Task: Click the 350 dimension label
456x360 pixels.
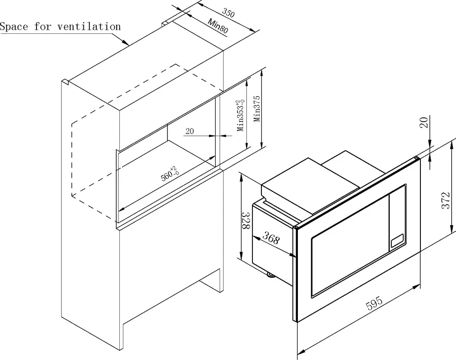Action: pos(228,12)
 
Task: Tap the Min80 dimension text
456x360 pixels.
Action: pos(218,25)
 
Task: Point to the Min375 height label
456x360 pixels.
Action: pos(257,109)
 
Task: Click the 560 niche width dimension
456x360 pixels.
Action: pos(170,174)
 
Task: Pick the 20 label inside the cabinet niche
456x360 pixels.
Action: pos(190,131)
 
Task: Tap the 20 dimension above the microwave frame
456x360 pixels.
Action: pos(424,122)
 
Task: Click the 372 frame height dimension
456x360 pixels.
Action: pos(445,200)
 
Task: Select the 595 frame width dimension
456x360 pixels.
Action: pos(374,303)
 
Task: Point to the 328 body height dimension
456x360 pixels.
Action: pos(247,221)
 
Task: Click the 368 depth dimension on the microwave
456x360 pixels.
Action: pos(271,238)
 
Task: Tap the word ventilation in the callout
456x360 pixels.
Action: pos(89,26)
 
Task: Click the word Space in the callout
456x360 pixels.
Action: pos(14,27)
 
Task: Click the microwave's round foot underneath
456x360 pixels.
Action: pos(270,275)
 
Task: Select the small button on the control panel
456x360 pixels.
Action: pos(397,241)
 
